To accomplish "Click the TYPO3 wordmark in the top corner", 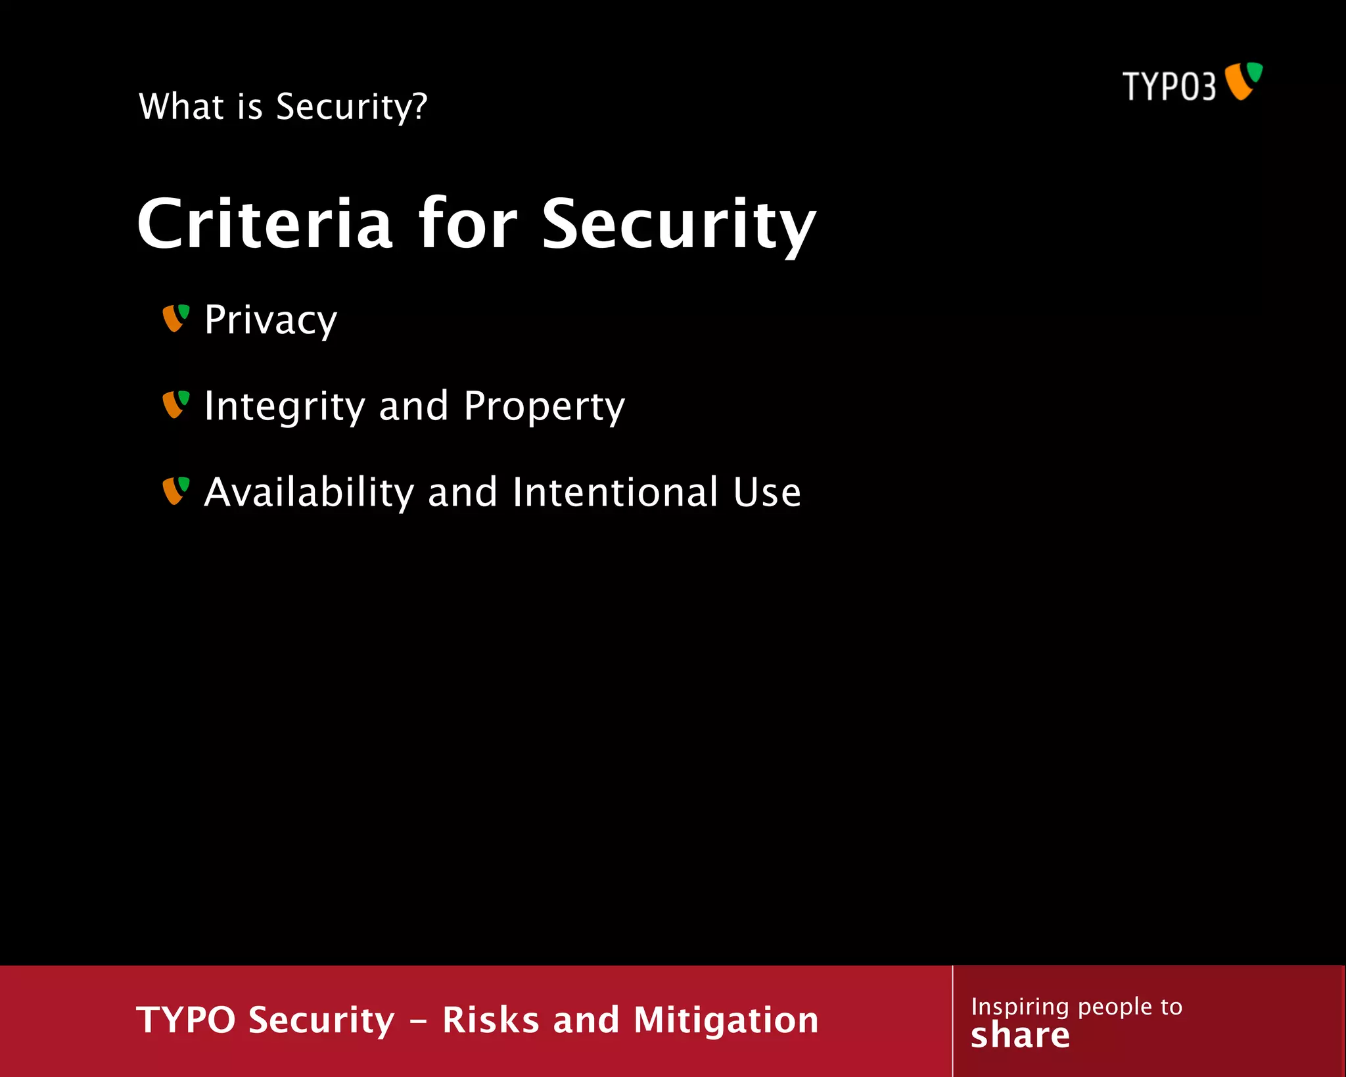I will (x=1169, y=86).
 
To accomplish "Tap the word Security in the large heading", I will (x=678, y=225).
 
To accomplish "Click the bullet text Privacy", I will (x=270, y=320).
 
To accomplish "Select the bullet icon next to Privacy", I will (x=175, y=318).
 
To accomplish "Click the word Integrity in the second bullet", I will (x=284, y=406).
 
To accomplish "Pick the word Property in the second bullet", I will (x=544, y=406).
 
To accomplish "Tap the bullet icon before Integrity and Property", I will (x=175, y=404).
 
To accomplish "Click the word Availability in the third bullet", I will (x=309, y=492).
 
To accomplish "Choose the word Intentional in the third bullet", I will (x=615, y=492).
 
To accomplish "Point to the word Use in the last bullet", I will (x=767, y=492).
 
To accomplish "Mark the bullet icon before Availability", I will (x=175, y=491).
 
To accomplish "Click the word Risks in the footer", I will (x=490, y=1020).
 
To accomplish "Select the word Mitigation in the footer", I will (x=726, y=1020).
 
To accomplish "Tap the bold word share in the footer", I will (x=1020, y=1036).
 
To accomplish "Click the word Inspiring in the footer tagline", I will (x=1019, y=1007).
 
